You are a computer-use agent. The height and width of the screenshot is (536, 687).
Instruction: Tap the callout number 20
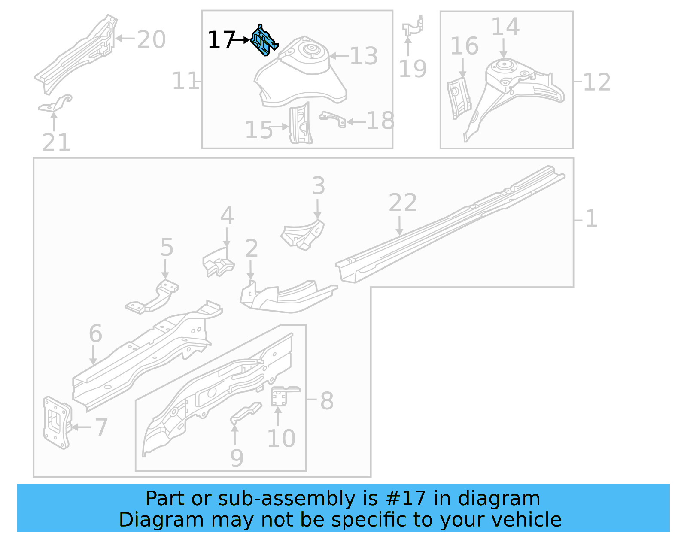pyautogui.click(x=151, y=39)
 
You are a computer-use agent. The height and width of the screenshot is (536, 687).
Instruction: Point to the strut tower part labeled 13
pyautogui.click(x=301, y=71)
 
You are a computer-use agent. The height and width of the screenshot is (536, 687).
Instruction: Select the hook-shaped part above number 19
pyautogui.click(x=413, y=27)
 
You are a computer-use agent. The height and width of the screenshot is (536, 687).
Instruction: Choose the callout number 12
pyautogui.click(x=597, y=82)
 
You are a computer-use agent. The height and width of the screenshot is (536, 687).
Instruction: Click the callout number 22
pyautogui.click(x=402, y=203)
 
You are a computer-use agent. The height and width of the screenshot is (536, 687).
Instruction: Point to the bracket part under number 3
pyautogui.click(x=303, y=234)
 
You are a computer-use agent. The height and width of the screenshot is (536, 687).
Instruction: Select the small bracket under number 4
pyautogui.click(x=218, y=263)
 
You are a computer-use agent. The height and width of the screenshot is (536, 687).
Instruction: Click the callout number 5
pyautogui.click(x=167, y=248)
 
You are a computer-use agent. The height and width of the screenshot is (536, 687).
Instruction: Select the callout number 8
pyautogui.click(x=327, y=401)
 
